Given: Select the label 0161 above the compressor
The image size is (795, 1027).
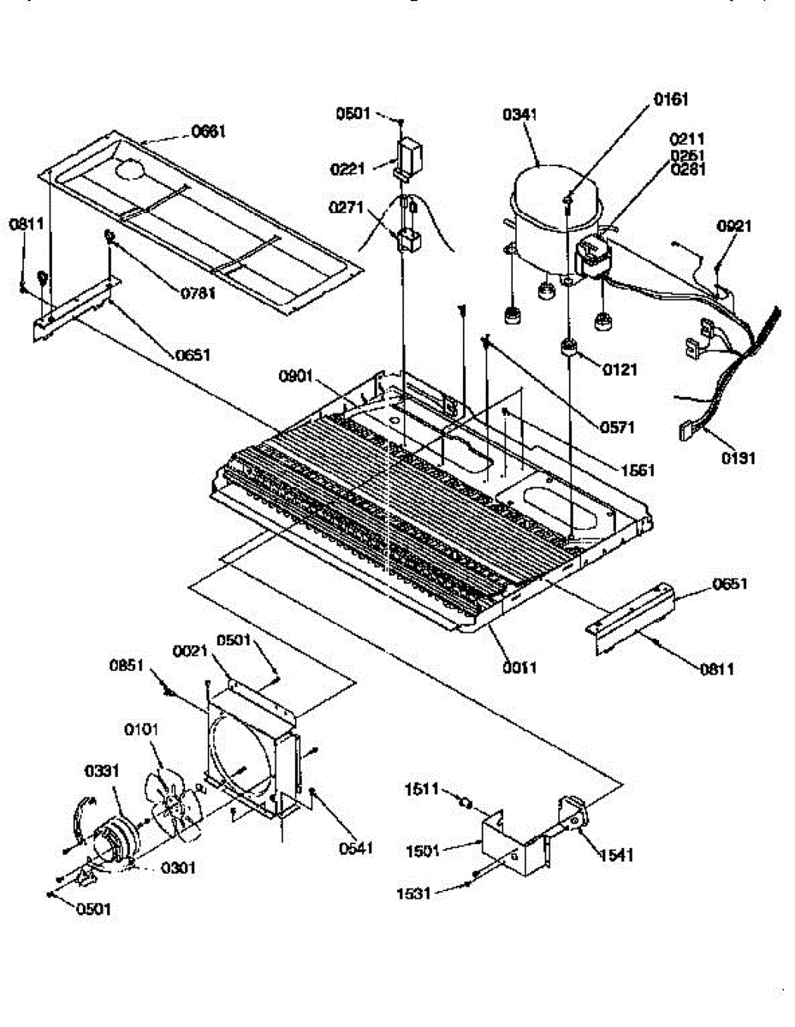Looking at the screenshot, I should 670,100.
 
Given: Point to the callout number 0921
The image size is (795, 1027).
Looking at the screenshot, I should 733,227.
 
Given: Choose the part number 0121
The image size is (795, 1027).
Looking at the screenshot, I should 623,371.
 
